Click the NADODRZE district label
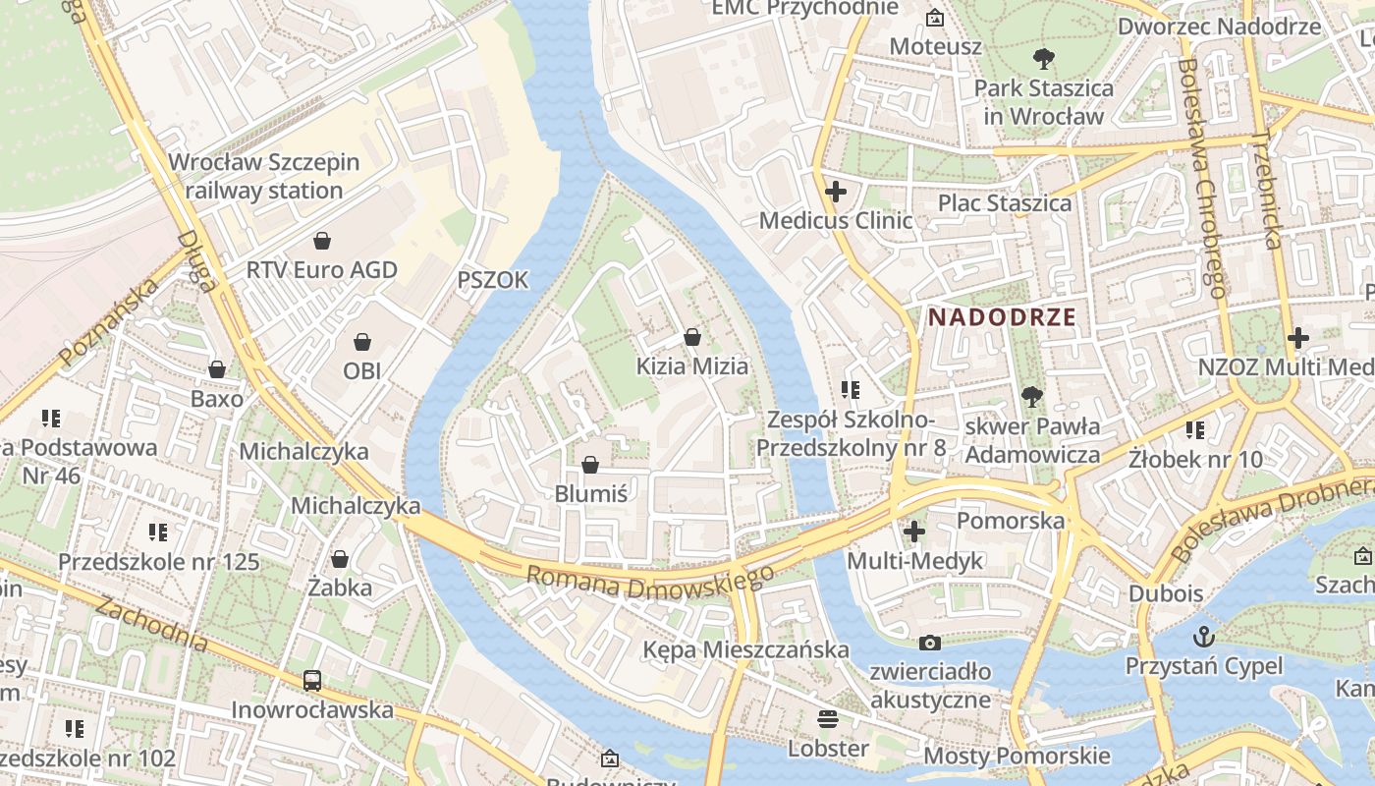[x=1002, y=317]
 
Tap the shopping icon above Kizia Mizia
[x=692, y=337]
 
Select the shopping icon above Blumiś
[x=590, y=465]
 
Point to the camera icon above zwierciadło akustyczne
[x=929, y=644]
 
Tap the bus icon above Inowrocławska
[x=312, y=680]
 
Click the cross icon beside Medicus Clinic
[x=835, y=192]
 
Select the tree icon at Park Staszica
[x=1043, y=59]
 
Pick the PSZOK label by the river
[x=492, y=281]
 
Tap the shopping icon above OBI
[x=362, y=342]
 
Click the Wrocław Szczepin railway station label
[x=263, y=176]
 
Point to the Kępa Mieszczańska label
[x=745, y=649]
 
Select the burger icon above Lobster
[x=828, y=718]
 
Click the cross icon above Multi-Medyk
[x=914, y=532]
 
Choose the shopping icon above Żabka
[x=340, y=559]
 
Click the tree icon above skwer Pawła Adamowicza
[x=1031, y=397]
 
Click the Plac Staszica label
[x=1005, y=203]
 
